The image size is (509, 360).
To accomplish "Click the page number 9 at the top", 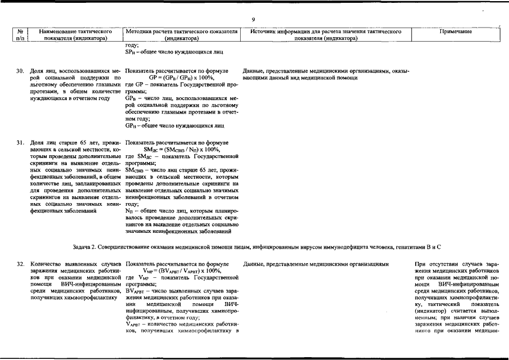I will click(254, 20).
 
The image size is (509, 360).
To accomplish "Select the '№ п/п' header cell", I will click(20, 35).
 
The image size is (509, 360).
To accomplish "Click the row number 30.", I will click(20, 71).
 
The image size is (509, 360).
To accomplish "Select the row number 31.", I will click(20, 143).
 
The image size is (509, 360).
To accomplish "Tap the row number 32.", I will click(20, 263).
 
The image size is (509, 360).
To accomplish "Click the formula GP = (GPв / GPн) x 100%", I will click(181, 78).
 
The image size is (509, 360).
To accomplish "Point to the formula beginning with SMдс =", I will click(179, 150).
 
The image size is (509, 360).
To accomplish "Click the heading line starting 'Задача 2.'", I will click(256, 247).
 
